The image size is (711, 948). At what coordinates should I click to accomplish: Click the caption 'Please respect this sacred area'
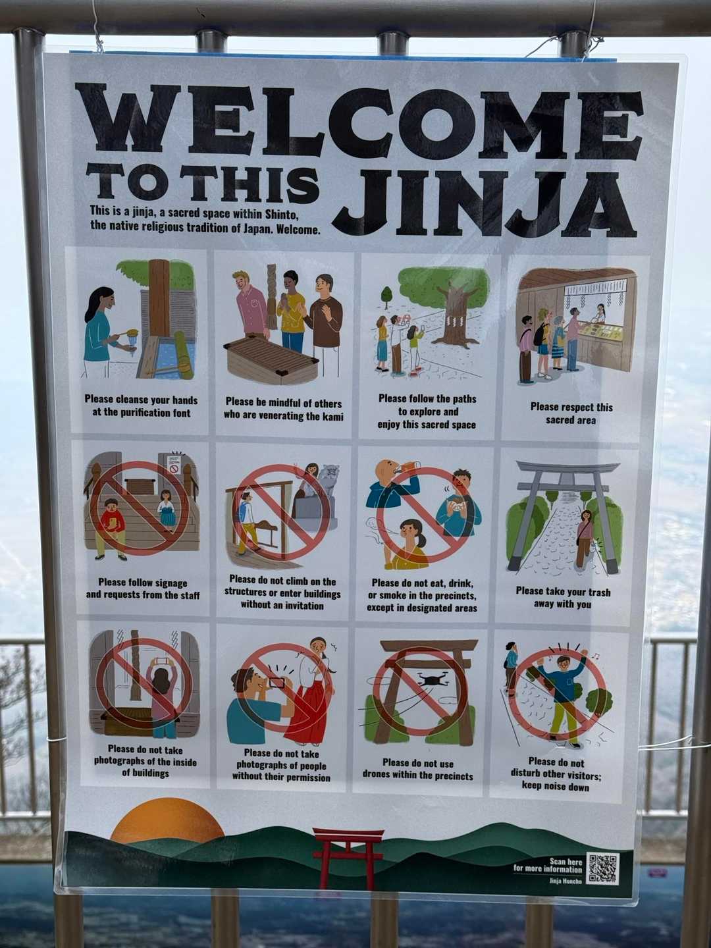pyautogui.click(x=571, y=413)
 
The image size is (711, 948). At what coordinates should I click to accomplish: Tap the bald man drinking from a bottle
pyautogui.click(x=390, y=486)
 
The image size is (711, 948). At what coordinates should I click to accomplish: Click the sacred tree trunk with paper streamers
pyautogui.click(x=454, y=316)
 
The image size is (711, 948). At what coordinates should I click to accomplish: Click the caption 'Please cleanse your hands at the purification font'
pyautogui.click(x=141, y=406)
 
